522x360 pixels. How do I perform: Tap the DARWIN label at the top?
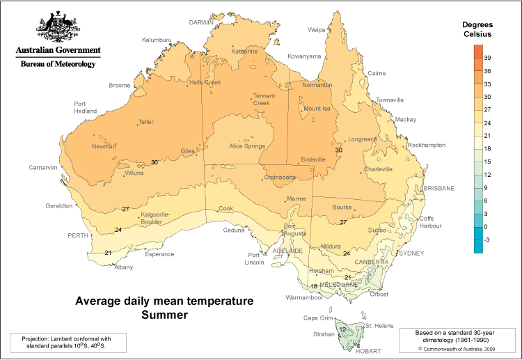click(203, 22)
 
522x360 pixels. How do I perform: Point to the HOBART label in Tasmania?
click(369, 352)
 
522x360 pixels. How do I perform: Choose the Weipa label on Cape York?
click(317, 30)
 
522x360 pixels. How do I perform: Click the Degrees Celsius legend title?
click(477, 29)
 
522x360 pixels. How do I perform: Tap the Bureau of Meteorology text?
click(58, 63)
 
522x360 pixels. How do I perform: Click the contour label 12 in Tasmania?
click(342, 329)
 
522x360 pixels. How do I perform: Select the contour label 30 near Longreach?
click(339, 150)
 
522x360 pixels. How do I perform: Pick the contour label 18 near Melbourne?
click(314, 286)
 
